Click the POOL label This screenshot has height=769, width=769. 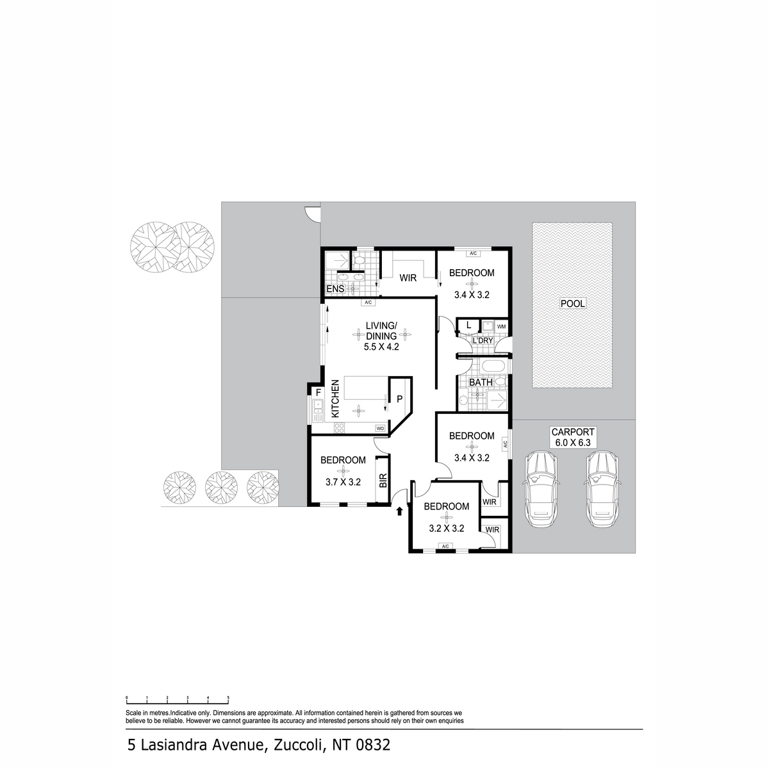pyautogui.click(x=572, y=303)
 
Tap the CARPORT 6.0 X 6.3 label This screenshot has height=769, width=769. pyautogui.click(x=574, y=437)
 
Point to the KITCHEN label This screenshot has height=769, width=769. pyautogui.click(x=335, y=400)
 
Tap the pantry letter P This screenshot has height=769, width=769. pyautogui.click(x=399, y=399)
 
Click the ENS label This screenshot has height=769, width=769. pyautogui.click(x=335, y=290)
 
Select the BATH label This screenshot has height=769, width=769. pyautogui.click(x=481, y=383)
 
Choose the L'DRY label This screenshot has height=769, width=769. pyautogui.click(x=483, y=340)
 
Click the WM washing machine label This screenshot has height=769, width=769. pyautogui.click(x=501, y=327)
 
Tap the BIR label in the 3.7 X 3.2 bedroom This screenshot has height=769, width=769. pyautogui.click(x=383, y=481)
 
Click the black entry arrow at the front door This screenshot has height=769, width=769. pyautogui.click(x=399, y=511)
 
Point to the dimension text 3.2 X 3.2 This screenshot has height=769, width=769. pyautogui.click(x=446, y=529)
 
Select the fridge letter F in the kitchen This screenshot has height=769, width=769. pyautogui.click(x=317, y=392)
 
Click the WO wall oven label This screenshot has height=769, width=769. pyautogui.click(x=379, y=427)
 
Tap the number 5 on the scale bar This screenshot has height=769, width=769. pyautogui.click(x=228, y=697)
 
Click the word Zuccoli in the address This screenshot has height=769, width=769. pyautogui.click(x=300, y=745)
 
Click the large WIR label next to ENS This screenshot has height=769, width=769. pyautogui.click(x=409, y=278)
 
